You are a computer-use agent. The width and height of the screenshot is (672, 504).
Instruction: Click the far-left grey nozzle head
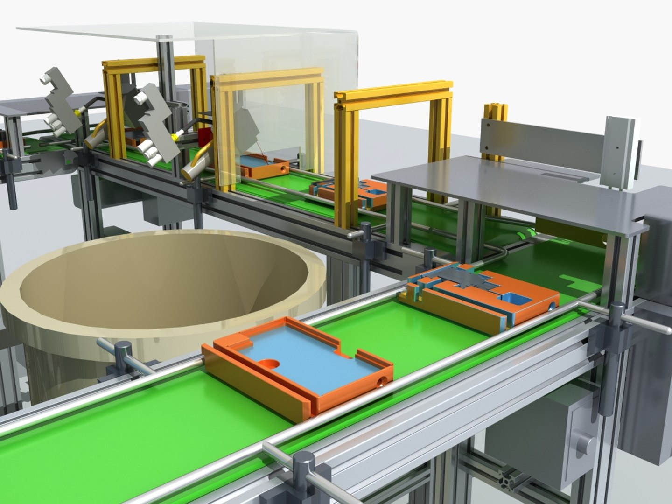pyautogui.click(x=58, y=98)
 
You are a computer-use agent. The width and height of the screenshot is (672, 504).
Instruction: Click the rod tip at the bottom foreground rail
pyautogui.click(x=268, y=449)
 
